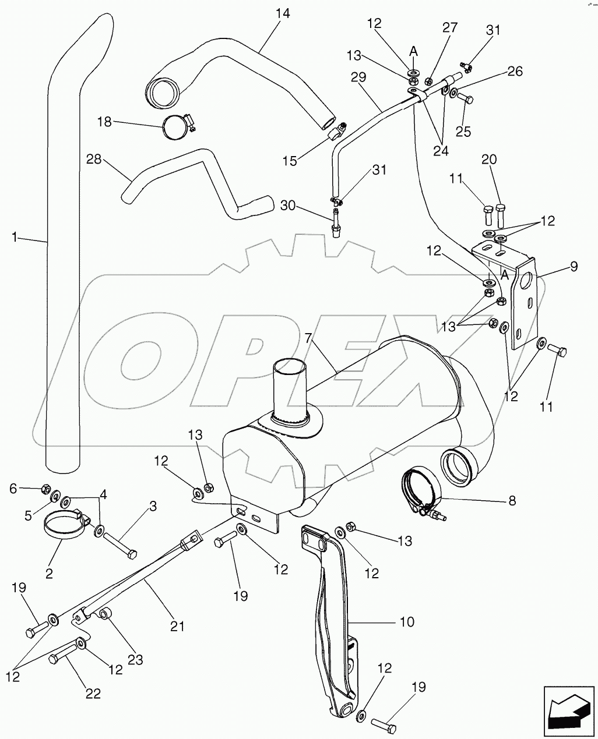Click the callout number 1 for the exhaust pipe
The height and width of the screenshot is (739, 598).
pos(15,236)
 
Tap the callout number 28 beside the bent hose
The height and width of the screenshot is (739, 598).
pos(94,159)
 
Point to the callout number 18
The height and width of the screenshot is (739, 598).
pos(104,122)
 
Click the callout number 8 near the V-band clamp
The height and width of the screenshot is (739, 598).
pos(512,500)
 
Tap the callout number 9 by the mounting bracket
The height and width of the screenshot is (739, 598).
pos(574,267)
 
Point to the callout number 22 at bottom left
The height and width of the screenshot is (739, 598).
pos(93,694)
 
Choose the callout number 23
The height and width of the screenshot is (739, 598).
pos(135,660)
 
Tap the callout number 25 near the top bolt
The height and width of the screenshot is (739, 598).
pos(463,131)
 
